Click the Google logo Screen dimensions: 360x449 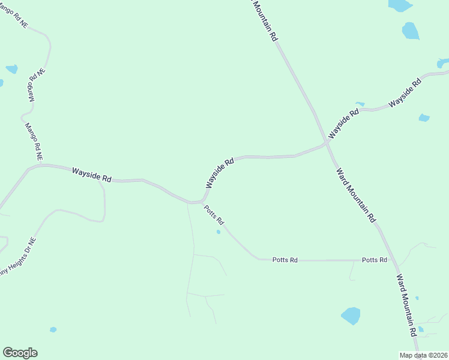click(x=20, y=353)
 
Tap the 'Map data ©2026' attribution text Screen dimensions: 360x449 click(x=423, y=355)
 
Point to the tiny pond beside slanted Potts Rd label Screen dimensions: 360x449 click(x=218, y=232)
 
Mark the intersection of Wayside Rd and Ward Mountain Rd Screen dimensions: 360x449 click(x=327, y=144)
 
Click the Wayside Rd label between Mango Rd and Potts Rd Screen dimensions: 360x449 click(x=92, y=175)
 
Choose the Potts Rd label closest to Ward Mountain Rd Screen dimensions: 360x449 click(x=375, y=260)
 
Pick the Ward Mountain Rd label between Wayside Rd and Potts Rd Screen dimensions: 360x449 click(x=355, y=195)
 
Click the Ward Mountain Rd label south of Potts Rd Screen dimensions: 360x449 click(x=406, y=305)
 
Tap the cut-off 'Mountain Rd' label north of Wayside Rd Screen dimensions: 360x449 click(x=265, y=20)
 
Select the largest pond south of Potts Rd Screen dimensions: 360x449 click(x=351, y=316)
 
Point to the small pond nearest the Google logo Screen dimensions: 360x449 click(x=53, y=329)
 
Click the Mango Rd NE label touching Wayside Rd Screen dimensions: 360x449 click(x=33, y=142)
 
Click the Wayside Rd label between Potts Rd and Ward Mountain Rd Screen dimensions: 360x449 click(x=220, y=173)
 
